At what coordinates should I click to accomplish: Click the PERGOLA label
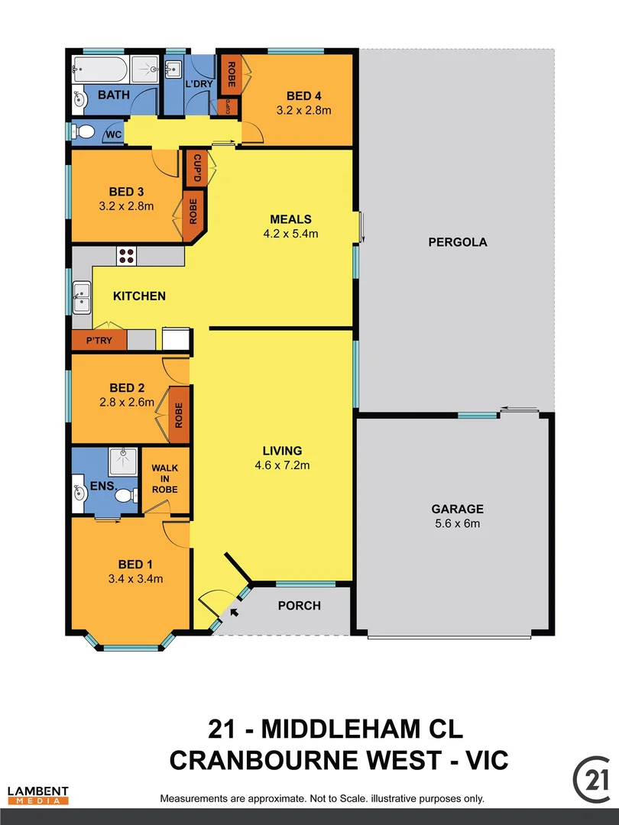coord(459,242)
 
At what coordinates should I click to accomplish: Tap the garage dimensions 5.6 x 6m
coord(458,523)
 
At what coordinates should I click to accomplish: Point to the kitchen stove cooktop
coord(126,255)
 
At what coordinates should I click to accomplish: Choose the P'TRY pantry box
coord(98,341)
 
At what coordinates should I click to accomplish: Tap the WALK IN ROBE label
coord(165,479)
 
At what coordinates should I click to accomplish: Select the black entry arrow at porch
coord(234,611)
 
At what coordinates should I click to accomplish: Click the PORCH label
coord(299,606)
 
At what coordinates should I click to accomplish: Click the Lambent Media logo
coord(38,795)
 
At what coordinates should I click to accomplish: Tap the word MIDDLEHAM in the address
coord(362,729)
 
